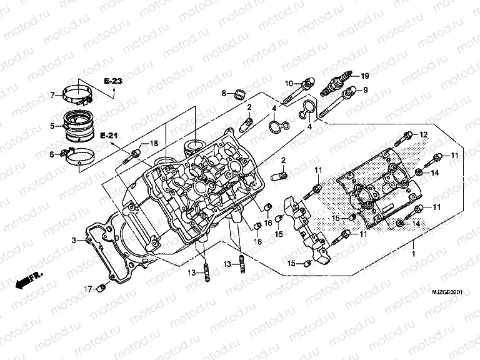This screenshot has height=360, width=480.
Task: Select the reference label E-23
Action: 113,82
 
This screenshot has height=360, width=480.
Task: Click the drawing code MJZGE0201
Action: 449,292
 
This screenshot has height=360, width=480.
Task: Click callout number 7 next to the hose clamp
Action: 52,95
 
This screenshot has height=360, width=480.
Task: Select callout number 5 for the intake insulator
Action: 52,126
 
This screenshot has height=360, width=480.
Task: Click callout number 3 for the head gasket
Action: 73,240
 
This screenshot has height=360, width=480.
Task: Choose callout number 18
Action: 154,144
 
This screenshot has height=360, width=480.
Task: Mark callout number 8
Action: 223,93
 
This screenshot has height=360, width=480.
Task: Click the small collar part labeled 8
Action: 238,94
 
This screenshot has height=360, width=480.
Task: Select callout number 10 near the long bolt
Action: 290,83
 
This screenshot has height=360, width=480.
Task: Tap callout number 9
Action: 366,90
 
